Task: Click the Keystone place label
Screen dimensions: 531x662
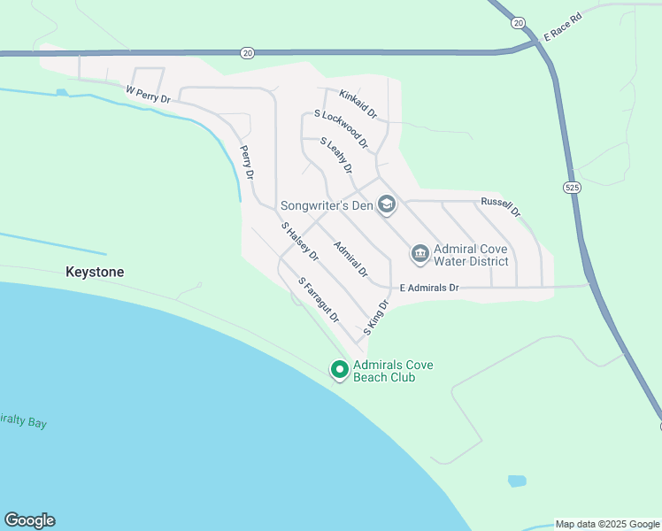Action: [x=95, y=273]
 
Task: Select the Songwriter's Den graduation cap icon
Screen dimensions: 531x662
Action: [x=386, y=205]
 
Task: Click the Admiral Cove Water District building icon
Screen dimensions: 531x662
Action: [x=420, y=255]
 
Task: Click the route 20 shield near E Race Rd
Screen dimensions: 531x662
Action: [x=519, y=21]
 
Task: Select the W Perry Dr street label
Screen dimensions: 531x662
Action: [x=147, y=94]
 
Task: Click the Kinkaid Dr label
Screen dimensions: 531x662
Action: [x=358, y=103]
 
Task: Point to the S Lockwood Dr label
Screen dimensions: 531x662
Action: [x=341, y=128]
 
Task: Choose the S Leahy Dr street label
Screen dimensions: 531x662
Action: [x=336, y=155]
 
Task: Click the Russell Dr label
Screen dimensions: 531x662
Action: [x=501, y=207]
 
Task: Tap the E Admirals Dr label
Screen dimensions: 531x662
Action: [x=429, y=288]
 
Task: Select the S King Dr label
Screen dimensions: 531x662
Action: [x=376, y=317]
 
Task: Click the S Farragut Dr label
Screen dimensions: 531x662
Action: [x=319, y=300]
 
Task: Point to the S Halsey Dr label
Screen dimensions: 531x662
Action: [x=299, y=241]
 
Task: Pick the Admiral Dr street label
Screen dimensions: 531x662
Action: [x=350, y=258]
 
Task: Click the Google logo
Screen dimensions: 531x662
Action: [x=29, y=520]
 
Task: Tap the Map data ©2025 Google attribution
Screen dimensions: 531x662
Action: [x=607, y=524]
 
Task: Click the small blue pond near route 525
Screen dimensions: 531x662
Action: [x=516, y=481]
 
